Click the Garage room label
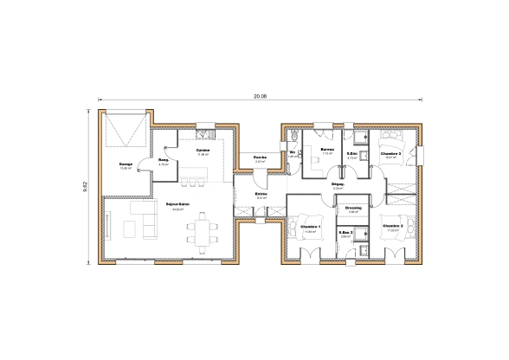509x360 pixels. pyautogui.click(x=126, y=163)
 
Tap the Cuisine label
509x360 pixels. pyautogui.click(x=203, y=150)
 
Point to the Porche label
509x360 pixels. pyautogui.click(x=259, y=157)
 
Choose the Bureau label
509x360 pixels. pyautogui.click(x=327, y=150)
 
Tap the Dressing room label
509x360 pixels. pyautogui.click(x=352, y=208)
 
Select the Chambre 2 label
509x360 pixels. pyautogui.click(x=393, y=227)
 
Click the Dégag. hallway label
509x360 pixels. pyautogui.click(x=338, y=184)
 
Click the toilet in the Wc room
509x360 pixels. pyautogui.click(x=294, y=138)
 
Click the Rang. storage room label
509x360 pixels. pyautogui.click(x=163, y=160)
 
